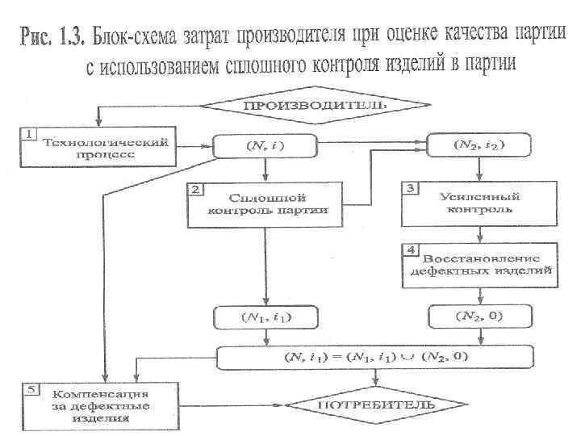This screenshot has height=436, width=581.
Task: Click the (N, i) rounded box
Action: pos(265,146)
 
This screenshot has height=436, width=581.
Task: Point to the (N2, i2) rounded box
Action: pos(479,146)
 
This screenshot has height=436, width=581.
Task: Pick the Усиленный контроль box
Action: pos(481,203)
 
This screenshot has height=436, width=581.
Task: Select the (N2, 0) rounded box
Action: pos(481,316)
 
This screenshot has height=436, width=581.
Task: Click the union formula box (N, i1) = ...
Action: pos(375,355)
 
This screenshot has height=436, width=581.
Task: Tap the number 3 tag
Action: pos(410,188)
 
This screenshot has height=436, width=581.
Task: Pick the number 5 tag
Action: pos(29,389)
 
